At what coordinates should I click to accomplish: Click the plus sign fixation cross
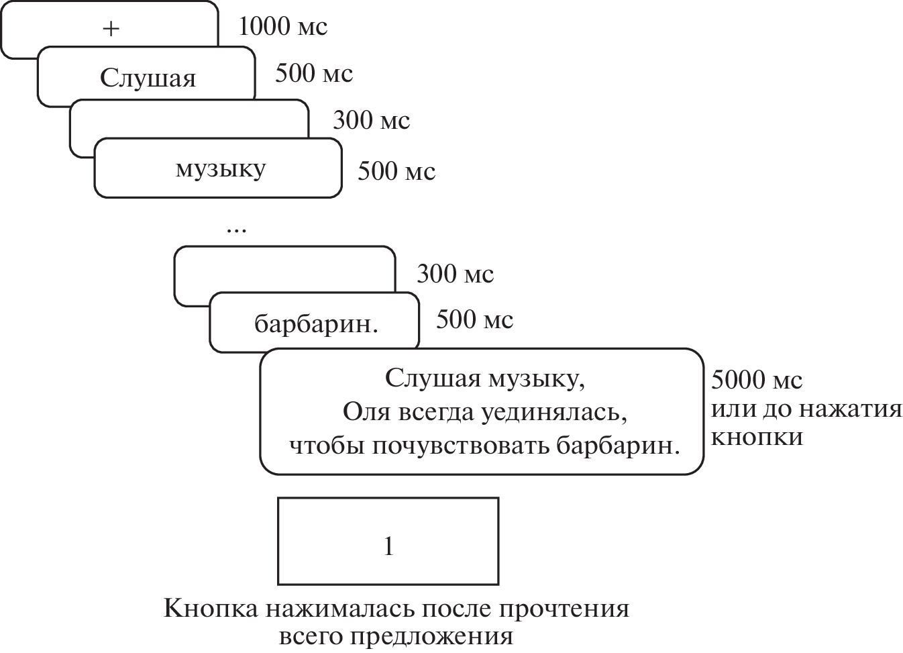tap(111, 29)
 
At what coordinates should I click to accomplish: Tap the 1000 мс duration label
tap(282, 27)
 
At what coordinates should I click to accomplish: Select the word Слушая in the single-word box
tap(148, 79)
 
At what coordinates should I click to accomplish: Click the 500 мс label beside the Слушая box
tap(313, 73)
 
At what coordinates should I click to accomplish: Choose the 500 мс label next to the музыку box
tap(396, 171)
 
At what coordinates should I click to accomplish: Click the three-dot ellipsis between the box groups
tap(236, 230)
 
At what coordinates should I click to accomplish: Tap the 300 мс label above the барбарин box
tap(455, 274)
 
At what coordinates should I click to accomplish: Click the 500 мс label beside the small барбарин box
tap(474, 319)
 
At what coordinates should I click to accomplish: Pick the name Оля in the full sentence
tap(365, 411)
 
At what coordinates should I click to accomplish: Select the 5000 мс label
tap(756, 380)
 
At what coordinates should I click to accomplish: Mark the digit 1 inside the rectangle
tap(388, 546)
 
